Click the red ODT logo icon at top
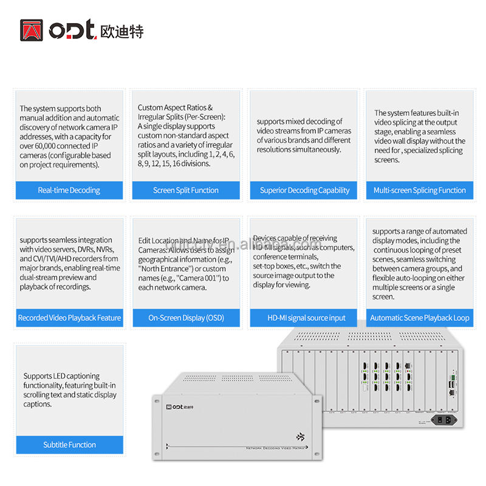point(31,30)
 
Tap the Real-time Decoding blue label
point(69,190)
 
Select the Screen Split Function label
point(186,190)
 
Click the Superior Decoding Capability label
point(304,190)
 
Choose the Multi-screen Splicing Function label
point(419,190)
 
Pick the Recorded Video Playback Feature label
point(69,318)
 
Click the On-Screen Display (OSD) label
point(186,318)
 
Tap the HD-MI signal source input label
point(305,318)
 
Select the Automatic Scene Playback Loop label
point(420,318)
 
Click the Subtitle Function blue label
point(69,445)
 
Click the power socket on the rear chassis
point(444,419)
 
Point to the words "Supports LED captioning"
point(61,376)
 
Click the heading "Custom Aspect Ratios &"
point(175,108)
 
